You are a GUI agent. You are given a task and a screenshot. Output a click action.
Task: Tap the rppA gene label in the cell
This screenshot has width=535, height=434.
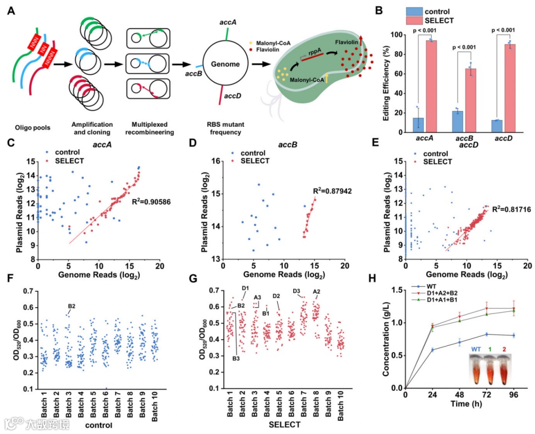point(313,54)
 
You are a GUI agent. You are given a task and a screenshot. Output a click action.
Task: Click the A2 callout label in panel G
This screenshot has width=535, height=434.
point(317,291)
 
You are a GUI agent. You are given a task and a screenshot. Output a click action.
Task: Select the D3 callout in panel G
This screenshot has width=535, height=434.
point(297,291)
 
